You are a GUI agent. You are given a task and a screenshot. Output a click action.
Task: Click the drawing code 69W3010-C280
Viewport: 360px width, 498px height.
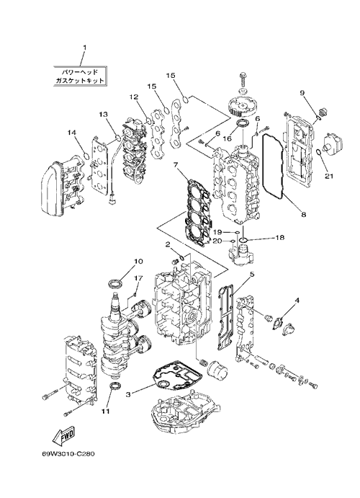(x=68, y=453)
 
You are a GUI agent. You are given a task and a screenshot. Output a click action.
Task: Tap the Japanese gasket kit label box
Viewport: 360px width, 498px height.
(x=80, y=76)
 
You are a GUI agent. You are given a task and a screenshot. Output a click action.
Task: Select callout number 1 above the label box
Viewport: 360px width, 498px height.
(x=85, y=48)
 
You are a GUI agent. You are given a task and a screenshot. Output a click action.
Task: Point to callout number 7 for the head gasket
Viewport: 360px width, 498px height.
(x=176, y=165)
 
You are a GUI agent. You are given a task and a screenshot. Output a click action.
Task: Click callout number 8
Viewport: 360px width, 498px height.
(x=304, y=214)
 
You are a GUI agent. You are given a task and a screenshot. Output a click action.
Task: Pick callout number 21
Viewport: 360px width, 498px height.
(x=329, y=175)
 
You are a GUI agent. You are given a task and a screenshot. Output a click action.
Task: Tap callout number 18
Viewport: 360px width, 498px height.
(x=280, y=237)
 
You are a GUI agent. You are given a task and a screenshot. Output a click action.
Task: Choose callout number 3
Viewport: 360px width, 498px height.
(x=128, y=394)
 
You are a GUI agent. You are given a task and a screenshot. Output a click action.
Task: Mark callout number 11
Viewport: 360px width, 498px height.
(x=105, y=411)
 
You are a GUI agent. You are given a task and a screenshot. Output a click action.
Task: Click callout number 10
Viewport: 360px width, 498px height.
(x=138, y=262)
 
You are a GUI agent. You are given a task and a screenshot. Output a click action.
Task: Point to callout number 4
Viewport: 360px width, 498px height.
(x=297, y=300)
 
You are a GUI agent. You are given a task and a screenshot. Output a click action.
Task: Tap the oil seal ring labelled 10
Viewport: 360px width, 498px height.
(x=115, y=283)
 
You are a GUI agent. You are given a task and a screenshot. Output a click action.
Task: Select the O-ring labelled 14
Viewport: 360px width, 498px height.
(x=86, y=156)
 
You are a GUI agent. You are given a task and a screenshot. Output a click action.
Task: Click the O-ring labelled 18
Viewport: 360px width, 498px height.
(x=243, y=239)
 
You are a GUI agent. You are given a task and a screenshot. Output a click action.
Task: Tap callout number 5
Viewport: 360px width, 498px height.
(x=252, y=274)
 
